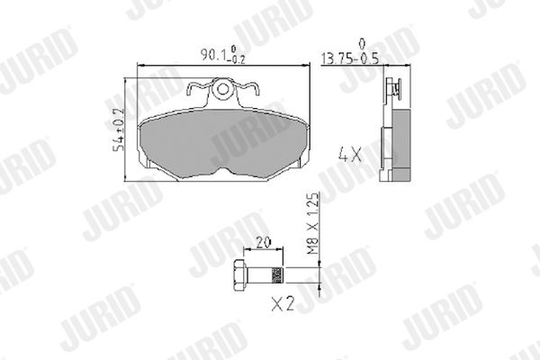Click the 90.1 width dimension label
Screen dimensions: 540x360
pos(223,55)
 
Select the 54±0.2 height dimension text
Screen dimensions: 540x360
pos(119,130)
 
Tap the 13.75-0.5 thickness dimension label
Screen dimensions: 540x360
pos(349,58)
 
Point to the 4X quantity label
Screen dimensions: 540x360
pos(350,154)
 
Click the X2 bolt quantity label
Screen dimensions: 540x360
pos(283,304)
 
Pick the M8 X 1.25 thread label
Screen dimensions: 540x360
pos(312,224)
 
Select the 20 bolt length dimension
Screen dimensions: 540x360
pos(264,242)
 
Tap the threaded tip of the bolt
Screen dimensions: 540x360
pos(277,275)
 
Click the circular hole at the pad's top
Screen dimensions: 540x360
pos(222,89)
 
